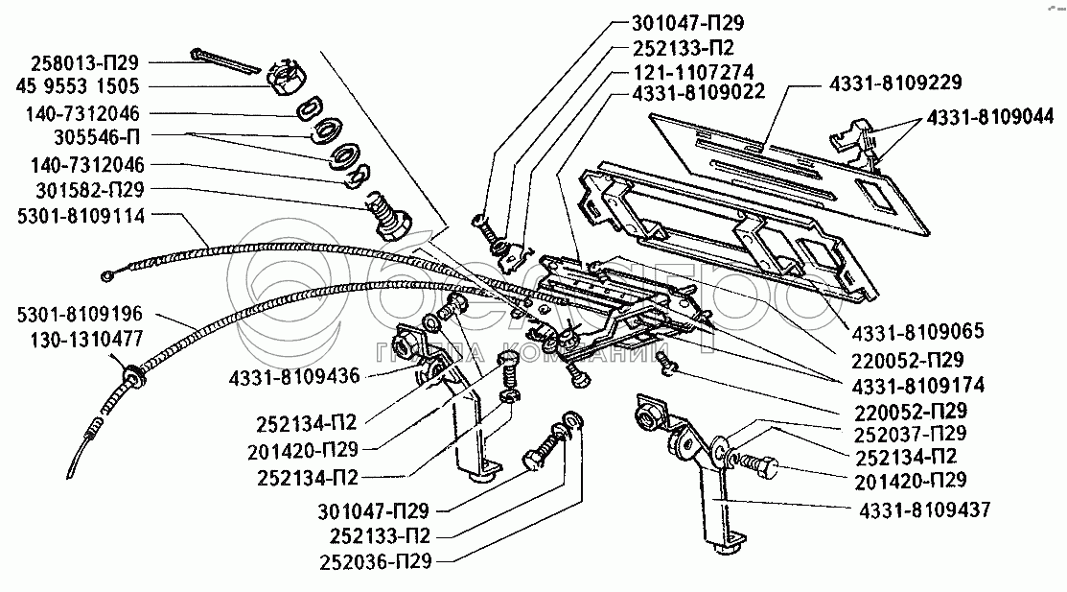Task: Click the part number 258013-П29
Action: (x=84, y=62)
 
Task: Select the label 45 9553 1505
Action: (x=77, y=86)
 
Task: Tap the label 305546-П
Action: (x=97, y=137)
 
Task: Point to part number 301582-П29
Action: (x=90, y=189)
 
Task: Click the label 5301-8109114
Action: (x=81, y=217)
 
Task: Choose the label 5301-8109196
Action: (x=80, y=314)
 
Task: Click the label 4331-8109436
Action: (x=294, y=376)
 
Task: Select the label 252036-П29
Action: (x=375, y=562)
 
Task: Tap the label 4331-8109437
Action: (x=925, y=509)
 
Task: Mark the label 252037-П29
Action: (x=910, y=434)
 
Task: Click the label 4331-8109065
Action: (x=918, y=332)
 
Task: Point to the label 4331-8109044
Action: (x=990, y=117)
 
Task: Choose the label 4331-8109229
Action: (x=895, y=83)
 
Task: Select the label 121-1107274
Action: (x=693, y=72)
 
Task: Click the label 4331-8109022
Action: (x=699, y=92)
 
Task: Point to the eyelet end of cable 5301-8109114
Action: (x=107, y=276)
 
